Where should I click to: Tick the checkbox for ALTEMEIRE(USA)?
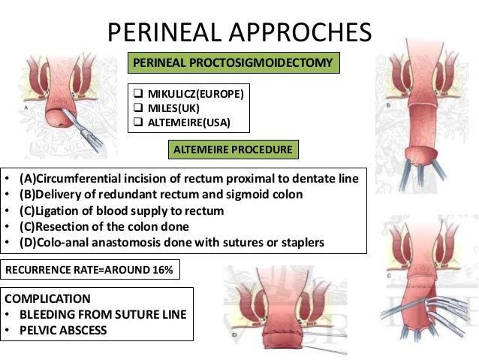coord(137,122)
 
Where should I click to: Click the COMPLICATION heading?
coord(48,298)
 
